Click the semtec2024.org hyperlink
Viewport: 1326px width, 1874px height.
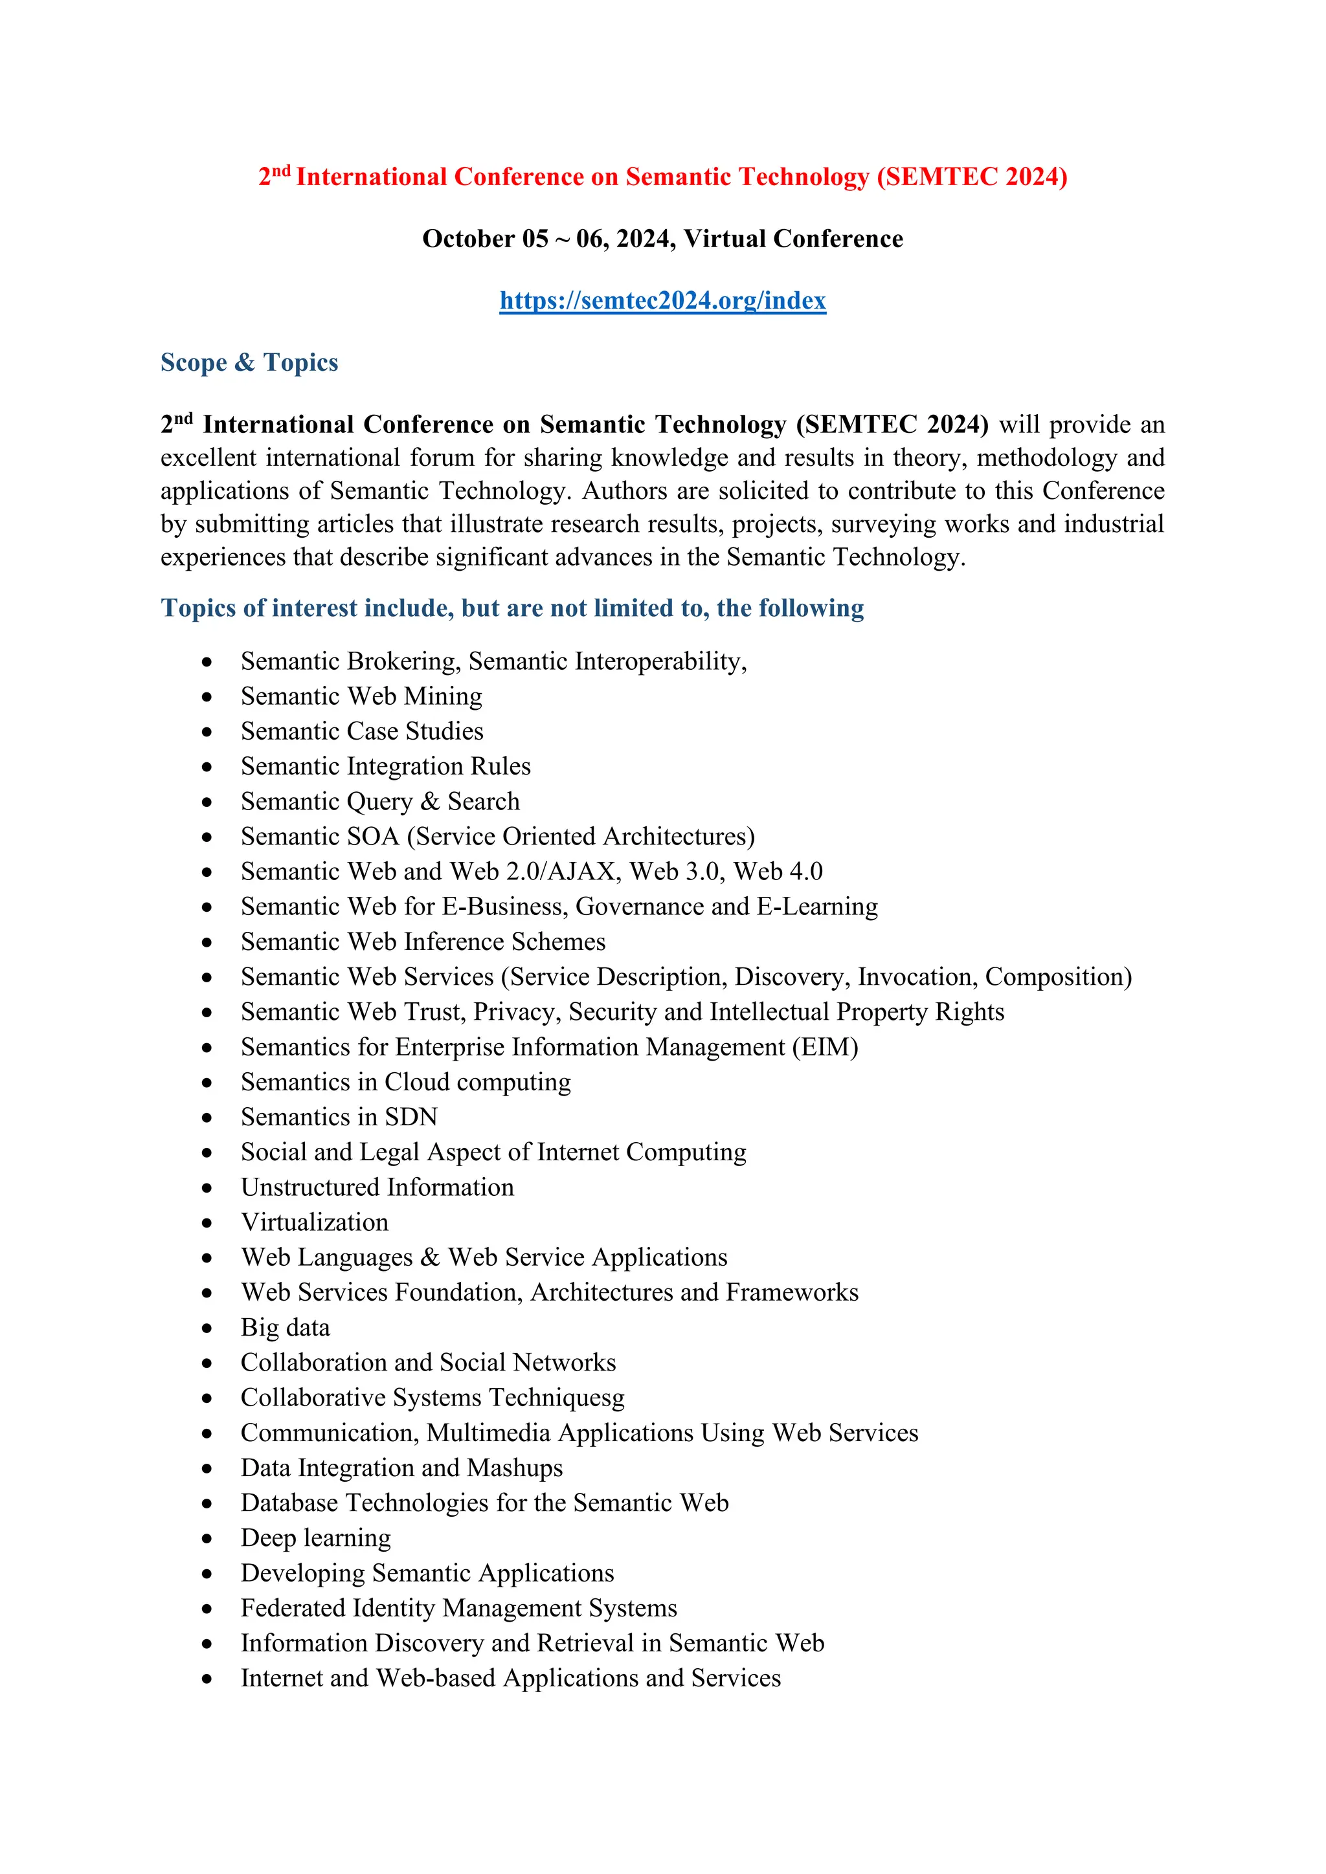[x=662, y=300]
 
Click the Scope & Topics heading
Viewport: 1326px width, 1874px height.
[x=249, y=362]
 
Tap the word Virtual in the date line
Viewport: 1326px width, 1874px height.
[x=725, y=239]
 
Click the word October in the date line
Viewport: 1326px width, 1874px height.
[x=468, y=239]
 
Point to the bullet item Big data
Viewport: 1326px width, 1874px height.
[x=285, y=1328]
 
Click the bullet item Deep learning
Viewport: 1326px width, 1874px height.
[x=315, y=1539]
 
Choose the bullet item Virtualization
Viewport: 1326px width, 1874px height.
[x=315, y=1222]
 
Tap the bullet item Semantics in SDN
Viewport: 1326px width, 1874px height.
[x=339, y=1118]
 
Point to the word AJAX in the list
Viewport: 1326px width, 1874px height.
[x=581, y=872]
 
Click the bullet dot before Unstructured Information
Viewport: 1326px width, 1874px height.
[x=207, y=1188]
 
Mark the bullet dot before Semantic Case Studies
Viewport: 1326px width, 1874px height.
[x=207, y=732]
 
